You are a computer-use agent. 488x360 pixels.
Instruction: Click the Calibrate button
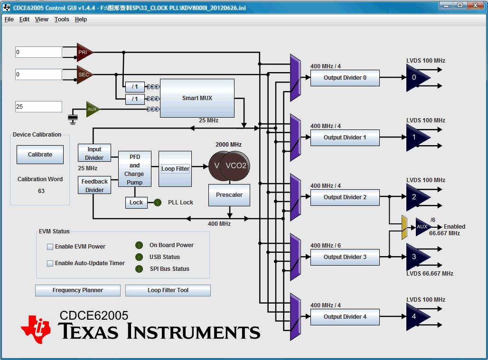40,155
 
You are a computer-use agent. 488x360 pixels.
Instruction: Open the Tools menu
62,19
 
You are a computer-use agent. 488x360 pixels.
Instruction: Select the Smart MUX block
197,98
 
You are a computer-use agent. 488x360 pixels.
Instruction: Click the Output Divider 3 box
345,257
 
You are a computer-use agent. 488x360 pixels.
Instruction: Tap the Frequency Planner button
78,290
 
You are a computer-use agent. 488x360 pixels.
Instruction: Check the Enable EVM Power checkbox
50,247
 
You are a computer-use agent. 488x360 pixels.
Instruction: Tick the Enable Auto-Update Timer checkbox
50,263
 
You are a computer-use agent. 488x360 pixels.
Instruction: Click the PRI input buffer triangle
84,52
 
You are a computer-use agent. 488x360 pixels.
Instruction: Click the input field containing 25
38,107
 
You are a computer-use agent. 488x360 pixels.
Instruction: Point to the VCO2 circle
236,166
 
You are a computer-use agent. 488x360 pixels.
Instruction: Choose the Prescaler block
229,195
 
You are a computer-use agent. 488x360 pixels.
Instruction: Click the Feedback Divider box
94,185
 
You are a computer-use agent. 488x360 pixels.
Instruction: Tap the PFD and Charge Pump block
134,169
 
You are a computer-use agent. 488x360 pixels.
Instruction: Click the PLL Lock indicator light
158,203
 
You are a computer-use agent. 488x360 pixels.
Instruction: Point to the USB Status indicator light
139,257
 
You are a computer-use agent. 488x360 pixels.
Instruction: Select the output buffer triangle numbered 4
416,317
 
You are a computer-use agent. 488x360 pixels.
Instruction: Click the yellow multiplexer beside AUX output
404,227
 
